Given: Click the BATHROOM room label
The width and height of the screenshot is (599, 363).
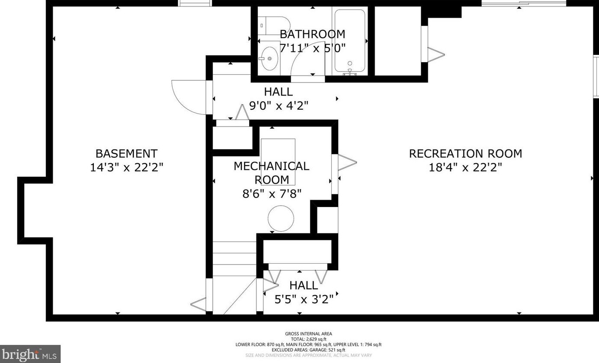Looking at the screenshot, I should (x=312, y=34).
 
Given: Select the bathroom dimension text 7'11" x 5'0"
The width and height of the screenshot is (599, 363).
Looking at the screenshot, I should (x=312, y=48).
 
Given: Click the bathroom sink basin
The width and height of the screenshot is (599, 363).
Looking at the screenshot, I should (x=270, y=58).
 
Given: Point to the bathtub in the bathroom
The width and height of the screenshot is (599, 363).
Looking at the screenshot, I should (x=349, y=41).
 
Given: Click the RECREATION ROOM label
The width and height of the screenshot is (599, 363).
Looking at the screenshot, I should (x=465, y=154).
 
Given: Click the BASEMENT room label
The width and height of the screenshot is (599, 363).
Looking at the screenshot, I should (x=126, y=154).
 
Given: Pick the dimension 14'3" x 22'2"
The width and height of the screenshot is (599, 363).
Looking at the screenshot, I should (x=126, y=168).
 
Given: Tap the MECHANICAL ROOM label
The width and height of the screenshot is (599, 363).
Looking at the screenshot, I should (x=272, y=172).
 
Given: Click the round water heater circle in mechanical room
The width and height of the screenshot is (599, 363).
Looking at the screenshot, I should (x=281, y=218).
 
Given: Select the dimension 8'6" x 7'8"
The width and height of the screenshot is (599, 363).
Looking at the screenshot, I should (x=272, y=194).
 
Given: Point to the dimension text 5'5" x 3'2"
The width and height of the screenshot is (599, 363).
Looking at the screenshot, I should (x=304, y=299).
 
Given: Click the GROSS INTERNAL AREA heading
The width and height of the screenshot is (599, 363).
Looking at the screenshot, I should (x=308, y=334).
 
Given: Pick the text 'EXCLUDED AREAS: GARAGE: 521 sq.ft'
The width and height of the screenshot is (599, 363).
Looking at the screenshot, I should (x=308, y=350).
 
